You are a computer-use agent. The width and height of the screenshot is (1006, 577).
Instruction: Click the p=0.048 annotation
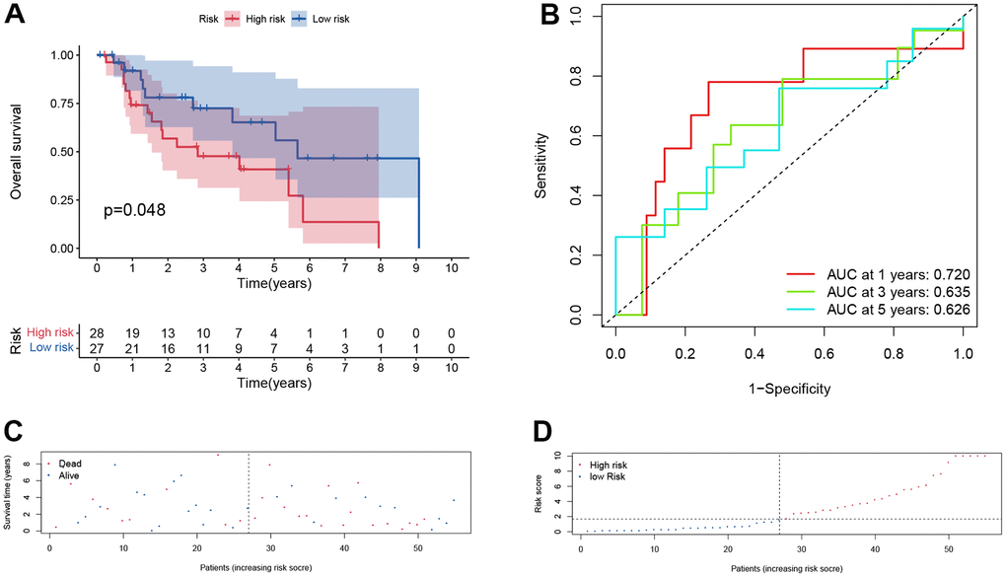tap(135, 210)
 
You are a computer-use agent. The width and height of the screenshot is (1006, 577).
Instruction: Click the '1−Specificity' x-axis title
tap(788, 390)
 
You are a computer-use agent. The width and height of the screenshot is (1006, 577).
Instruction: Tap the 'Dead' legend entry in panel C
tap(67, 461)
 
